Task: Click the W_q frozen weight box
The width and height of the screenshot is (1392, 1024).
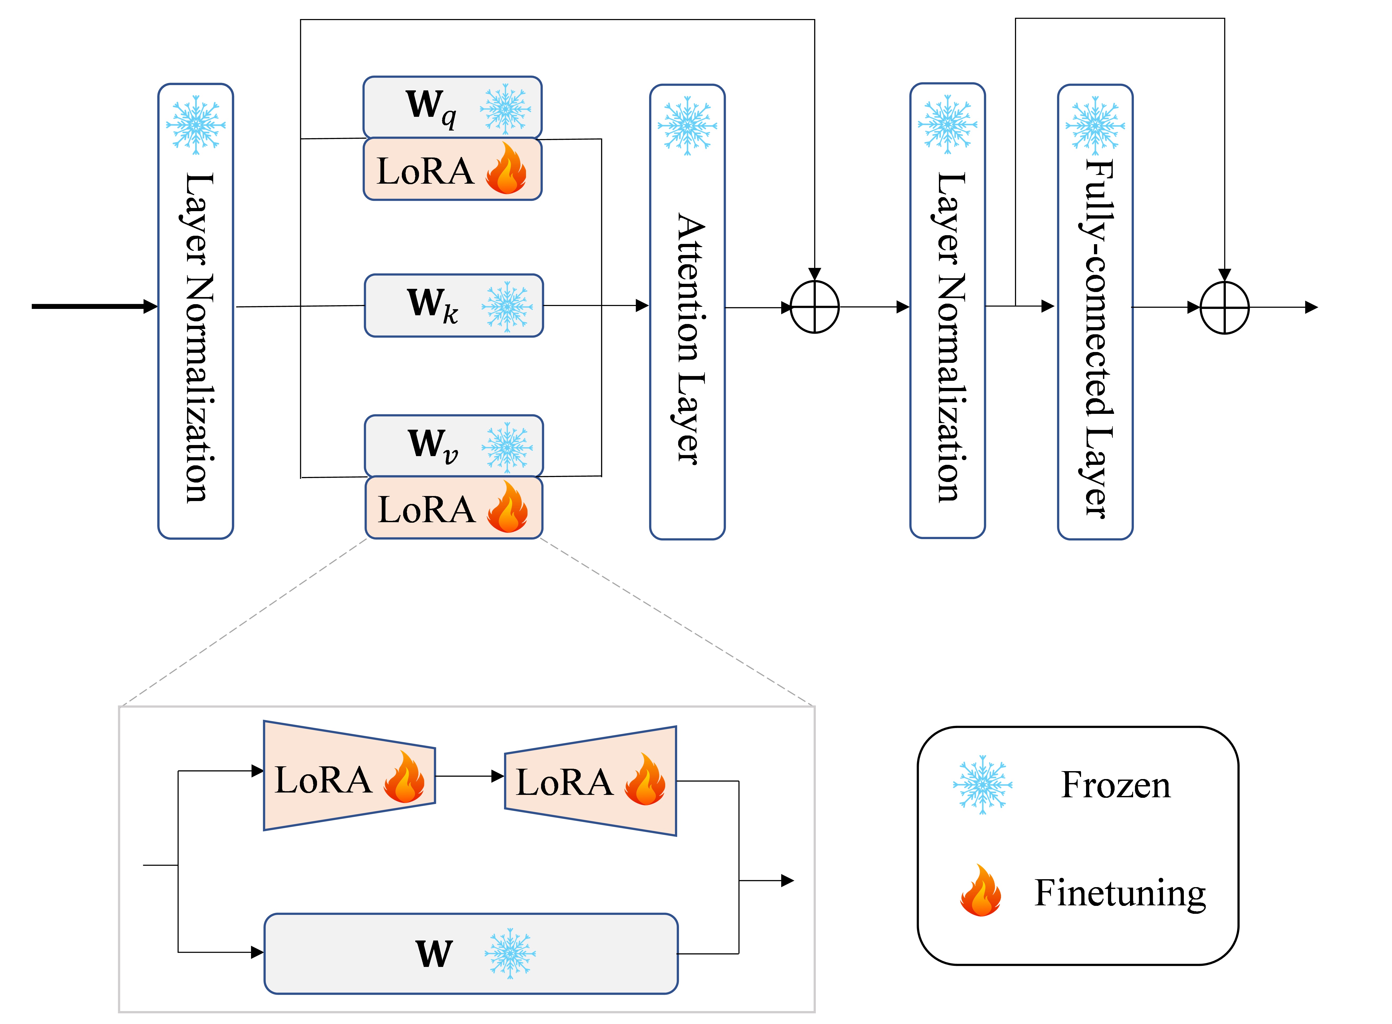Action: [453, 107]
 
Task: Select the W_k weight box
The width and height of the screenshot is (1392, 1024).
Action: [454, 305]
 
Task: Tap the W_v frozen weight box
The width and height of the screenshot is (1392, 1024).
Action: [454, 446]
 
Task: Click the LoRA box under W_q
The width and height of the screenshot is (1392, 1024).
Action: [453, 169]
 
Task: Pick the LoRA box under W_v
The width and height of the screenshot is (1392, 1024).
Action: [454, 507]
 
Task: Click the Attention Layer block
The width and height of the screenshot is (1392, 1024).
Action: [687, 312]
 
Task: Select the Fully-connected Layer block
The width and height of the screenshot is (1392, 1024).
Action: [1095, 312]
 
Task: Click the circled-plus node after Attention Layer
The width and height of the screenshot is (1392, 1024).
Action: [814, 307]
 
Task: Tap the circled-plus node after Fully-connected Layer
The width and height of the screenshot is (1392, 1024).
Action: [1225, 307]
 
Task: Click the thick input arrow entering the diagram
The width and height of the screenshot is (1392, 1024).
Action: [94, 306]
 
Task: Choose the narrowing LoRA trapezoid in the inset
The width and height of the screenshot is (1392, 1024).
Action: [350, 775]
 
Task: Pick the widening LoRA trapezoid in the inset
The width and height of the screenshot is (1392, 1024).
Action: [591, 781]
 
